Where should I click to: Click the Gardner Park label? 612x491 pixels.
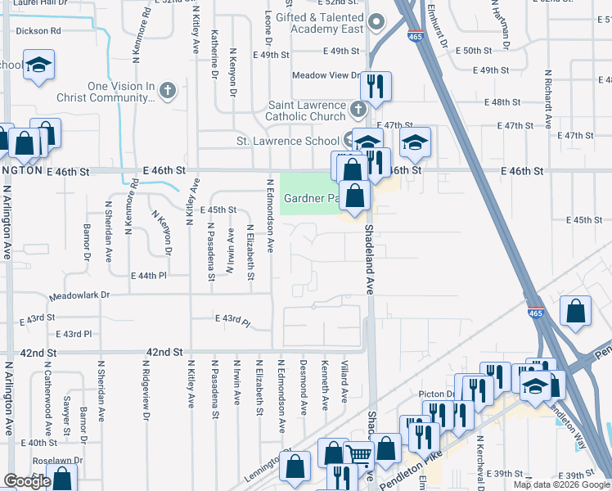pos(311,198)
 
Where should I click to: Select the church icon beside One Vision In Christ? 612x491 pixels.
pos(168,90)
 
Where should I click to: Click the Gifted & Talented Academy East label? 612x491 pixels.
pos(319,23)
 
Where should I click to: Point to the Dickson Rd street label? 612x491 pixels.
pos(38,31)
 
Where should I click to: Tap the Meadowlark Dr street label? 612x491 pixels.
pos(79,295)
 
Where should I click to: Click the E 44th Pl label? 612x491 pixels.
pos(147,276)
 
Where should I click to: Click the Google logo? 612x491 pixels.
pos(27,481)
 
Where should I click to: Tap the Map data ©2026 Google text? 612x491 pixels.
pos(560,484)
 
